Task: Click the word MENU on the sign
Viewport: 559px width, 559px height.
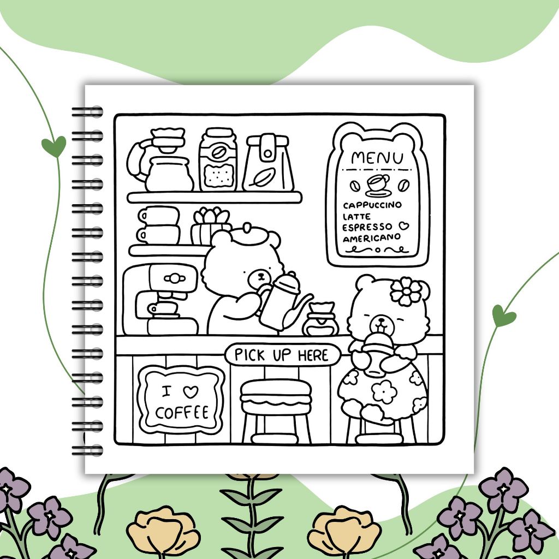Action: [377, 158]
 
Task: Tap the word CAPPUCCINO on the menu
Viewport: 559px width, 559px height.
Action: [372, 205]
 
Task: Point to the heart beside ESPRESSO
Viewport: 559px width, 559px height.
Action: [403, 225]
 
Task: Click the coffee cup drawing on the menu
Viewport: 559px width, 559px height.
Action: [377, 183]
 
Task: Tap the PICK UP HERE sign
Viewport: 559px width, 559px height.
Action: [282, 355]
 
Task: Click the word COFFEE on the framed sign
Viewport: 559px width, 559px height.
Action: [182, 412]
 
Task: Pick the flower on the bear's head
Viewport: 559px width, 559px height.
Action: [406, 290]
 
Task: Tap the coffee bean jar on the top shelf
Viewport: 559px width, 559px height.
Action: [218, 160]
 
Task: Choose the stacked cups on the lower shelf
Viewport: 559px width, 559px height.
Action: [159, 224]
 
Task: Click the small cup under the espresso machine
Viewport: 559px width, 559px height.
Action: [163, 308]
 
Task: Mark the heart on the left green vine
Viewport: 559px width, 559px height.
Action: [53, 146]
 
